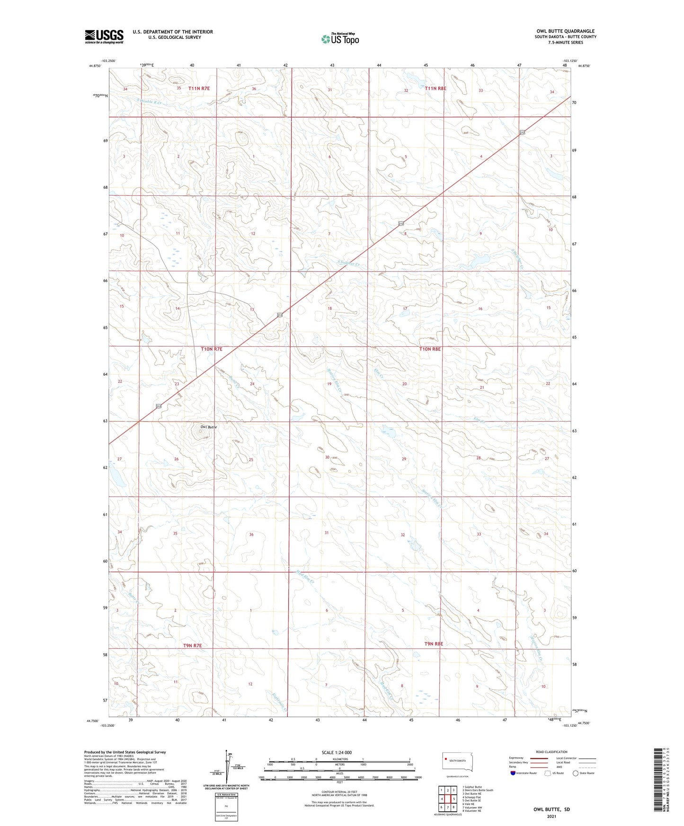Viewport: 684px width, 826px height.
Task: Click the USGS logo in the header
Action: click(x=104, y=36)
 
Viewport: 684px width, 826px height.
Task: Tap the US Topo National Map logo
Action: click(x=339, y=39)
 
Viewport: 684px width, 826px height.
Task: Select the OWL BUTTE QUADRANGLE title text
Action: click(x=565, y=31)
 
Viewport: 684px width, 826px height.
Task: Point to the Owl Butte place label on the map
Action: click(x=208, y=427)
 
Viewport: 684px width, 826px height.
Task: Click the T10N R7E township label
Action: click(x=212, y=349)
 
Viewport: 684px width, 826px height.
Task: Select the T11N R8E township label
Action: click(x=435, y=88)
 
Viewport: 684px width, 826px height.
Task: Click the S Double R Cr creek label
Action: click(x=149, y=102)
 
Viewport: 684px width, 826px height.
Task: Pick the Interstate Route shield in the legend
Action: click(x=514, y=773)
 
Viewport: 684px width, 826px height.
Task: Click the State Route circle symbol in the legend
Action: click(x=576, y=773)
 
